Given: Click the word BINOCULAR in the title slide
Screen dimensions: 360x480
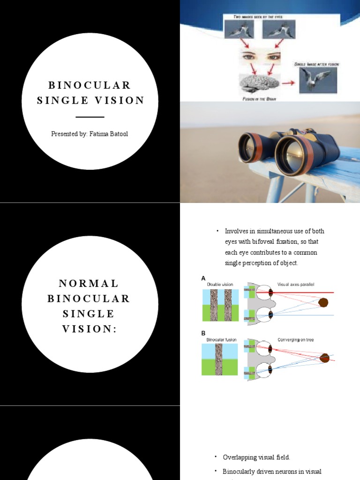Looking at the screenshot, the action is tap(90, 85).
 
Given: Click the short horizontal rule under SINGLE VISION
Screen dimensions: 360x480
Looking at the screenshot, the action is tap(90, 117).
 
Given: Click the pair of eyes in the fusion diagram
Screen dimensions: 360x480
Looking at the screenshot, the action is tap(261, 57).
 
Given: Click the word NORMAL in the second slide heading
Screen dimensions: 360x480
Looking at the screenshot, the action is tap(90, 284).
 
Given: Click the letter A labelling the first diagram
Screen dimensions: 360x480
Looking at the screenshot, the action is tap(203, 278).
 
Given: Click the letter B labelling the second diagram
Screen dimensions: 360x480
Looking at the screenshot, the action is tap(203, 333).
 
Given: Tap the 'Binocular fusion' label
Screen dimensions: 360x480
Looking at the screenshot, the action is tap(221, 339).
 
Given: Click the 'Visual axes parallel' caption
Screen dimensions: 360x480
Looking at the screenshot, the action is tap(296, 285).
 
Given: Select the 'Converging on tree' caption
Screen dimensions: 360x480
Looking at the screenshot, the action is tap(295, 339).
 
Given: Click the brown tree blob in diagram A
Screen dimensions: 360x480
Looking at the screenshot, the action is tap(323, 303).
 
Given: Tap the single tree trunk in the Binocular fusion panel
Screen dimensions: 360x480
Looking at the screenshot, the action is tap(219, 359).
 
